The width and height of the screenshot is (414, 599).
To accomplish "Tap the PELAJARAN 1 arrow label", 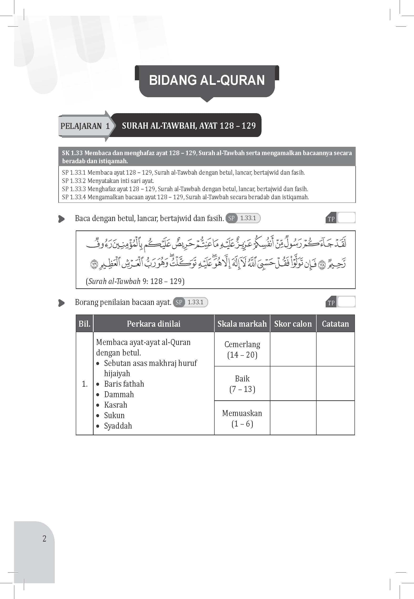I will (85, 126).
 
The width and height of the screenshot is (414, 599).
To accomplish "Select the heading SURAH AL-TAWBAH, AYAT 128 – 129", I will (189, 126).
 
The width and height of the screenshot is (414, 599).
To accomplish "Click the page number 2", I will (44, 539).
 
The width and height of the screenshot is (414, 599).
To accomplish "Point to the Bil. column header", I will (85, 324).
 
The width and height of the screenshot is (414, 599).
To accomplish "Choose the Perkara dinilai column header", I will (154, 324).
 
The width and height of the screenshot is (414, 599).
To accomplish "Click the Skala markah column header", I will (242, 324).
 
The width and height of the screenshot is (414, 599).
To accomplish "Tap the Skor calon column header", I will (293, 324).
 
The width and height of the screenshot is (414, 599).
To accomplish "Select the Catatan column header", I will (335, 324).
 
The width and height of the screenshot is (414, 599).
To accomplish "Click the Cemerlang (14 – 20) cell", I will (242, 350).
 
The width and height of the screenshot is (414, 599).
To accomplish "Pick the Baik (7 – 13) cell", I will (242, 384).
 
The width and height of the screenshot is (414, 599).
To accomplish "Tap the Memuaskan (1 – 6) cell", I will (242, 418).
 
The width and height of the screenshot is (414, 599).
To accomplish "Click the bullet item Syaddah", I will (118, 426).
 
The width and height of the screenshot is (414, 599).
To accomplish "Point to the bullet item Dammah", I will (119, 395).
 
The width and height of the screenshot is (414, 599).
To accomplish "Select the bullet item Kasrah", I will (116, 405).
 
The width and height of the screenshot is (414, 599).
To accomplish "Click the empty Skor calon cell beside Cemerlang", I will (293, 350).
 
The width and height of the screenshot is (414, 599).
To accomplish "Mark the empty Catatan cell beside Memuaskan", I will (335, 418).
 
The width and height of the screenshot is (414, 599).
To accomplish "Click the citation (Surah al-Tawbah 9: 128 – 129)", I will (135, 281).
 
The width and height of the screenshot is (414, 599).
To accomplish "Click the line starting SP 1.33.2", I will (108, 181).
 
